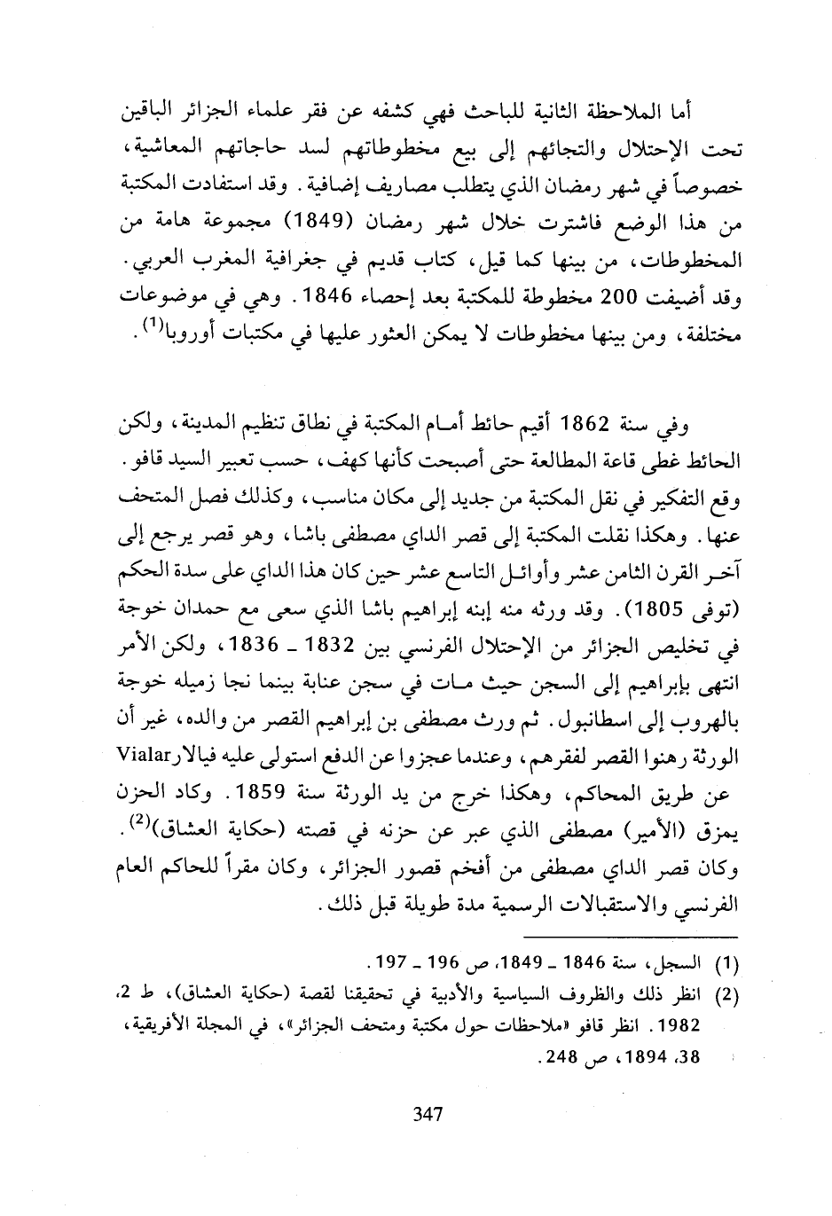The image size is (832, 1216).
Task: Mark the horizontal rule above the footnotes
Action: [631, 937]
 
